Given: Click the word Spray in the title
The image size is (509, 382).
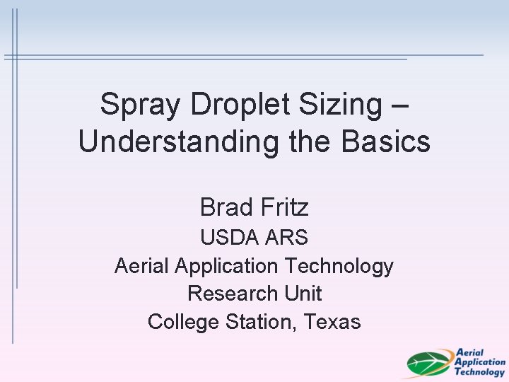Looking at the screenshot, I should click(131, 105).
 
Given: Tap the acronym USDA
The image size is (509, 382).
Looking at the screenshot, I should click(228, 238).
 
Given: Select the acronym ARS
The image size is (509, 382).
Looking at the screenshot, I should click(286, 238).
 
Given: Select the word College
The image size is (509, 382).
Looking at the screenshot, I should click(184, 322).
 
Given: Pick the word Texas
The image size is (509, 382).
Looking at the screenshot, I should click(332, 322).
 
